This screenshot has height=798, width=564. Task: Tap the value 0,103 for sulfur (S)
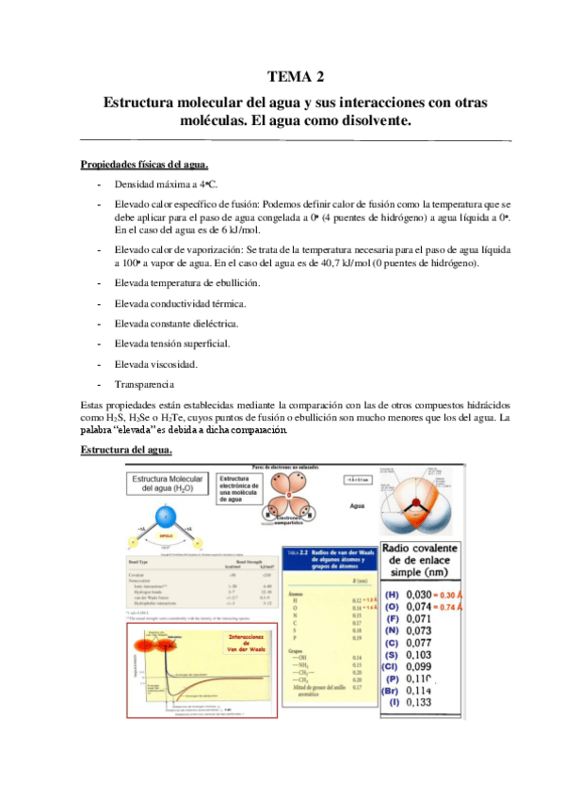(x=418, y=652)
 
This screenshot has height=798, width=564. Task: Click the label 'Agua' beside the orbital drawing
(x=356, y=504)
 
